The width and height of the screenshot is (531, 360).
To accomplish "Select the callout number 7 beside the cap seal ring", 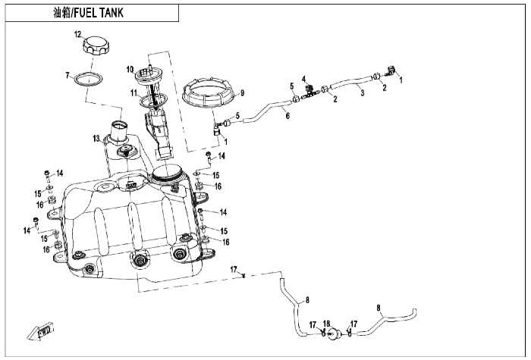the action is tap(68, 75).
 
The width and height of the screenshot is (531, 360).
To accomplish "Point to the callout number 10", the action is tap(130, 70).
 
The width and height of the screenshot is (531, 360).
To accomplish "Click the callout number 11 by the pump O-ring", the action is tap(134, 92).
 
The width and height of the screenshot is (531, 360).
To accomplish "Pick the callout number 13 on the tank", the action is tap(97, 139).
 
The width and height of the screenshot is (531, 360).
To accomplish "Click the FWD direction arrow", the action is tap(41, 331).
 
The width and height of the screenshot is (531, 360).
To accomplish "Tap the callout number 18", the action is tap(326, 324).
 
